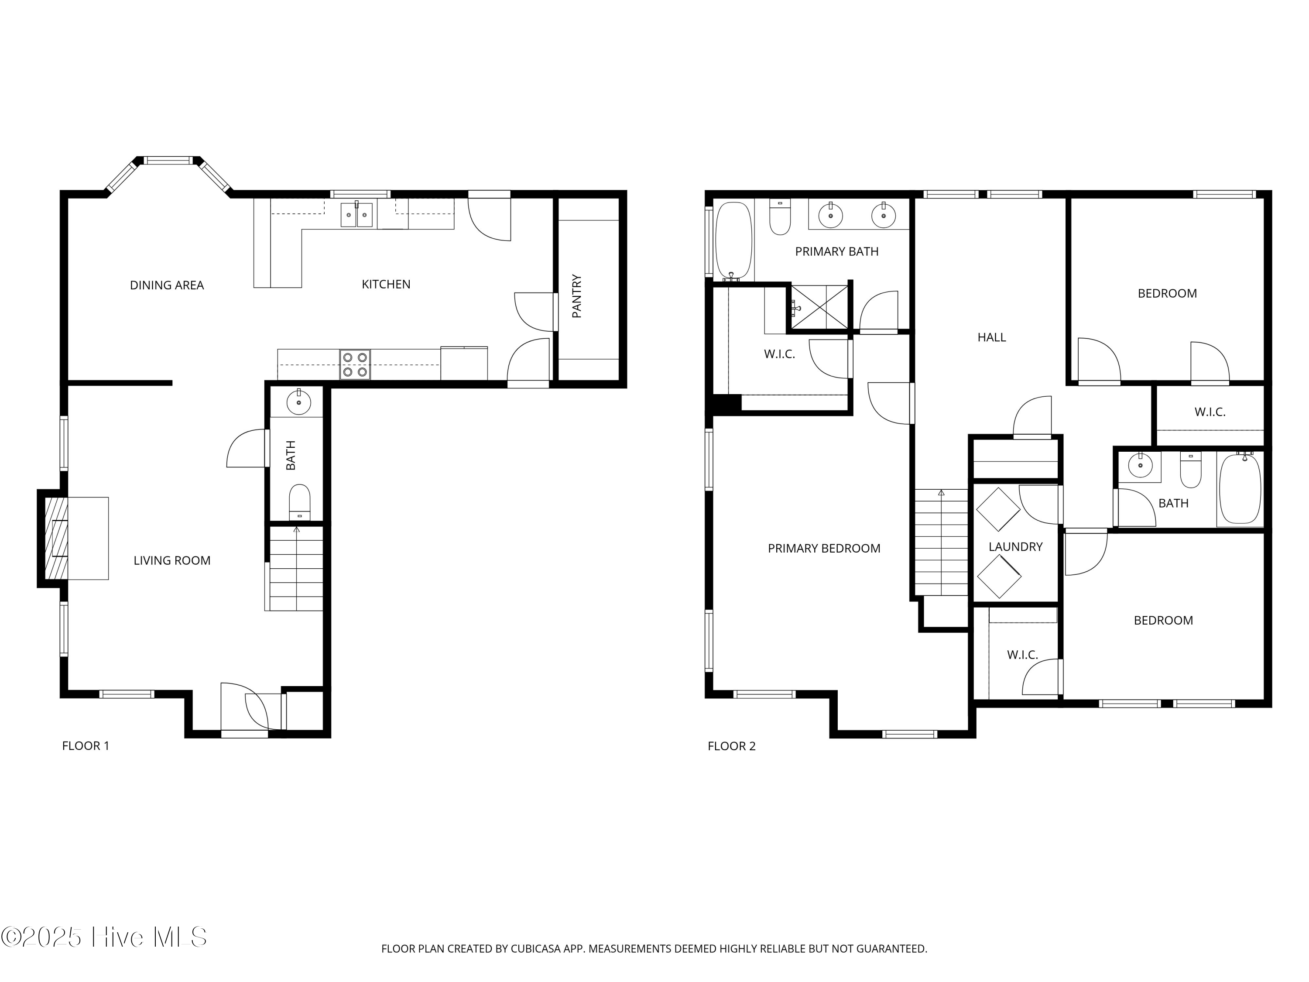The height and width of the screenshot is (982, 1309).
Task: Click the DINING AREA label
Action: pyautogui.click(x=167, y=285)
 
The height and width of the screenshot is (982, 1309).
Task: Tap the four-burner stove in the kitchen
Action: pyautogui.click(x=355, y=364)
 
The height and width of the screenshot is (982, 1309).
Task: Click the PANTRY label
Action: pyautogui.click(x=577, y=296)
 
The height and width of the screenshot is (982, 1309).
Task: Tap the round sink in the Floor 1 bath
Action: pyautogui.click(x=299, y=403)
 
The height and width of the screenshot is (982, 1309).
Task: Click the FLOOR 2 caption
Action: pyautogui.click(x=731, y=746)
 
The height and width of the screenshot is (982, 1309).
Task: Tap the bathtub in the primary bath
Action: pyautogui.click(x=734, y=241)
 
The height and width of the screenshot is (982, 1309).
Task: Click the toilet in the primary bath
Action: pyautogui.click(x=780, y=218)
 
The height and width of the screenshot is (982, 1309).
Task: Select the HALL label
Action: pyautogui.click(x=991, y=337)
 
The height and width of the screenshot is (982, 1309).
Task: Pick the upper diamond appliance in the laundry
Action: pyautogui.click(x=998, y=509)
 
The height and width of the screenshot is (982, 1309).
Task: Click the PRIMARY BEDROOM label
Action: pyautogui.click(x=824, y=549)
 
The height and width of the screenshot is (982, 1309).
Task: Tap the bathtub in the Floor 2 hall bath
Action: pyautogui.click(x=1240, y=488)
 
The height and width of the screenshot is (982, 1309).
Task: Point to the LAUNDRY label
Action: pyautogui.click(x=1015, y=547)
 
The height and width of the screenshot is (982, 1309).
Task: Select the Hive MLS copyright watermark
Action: pyautogui.click(x=104, y=937)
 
